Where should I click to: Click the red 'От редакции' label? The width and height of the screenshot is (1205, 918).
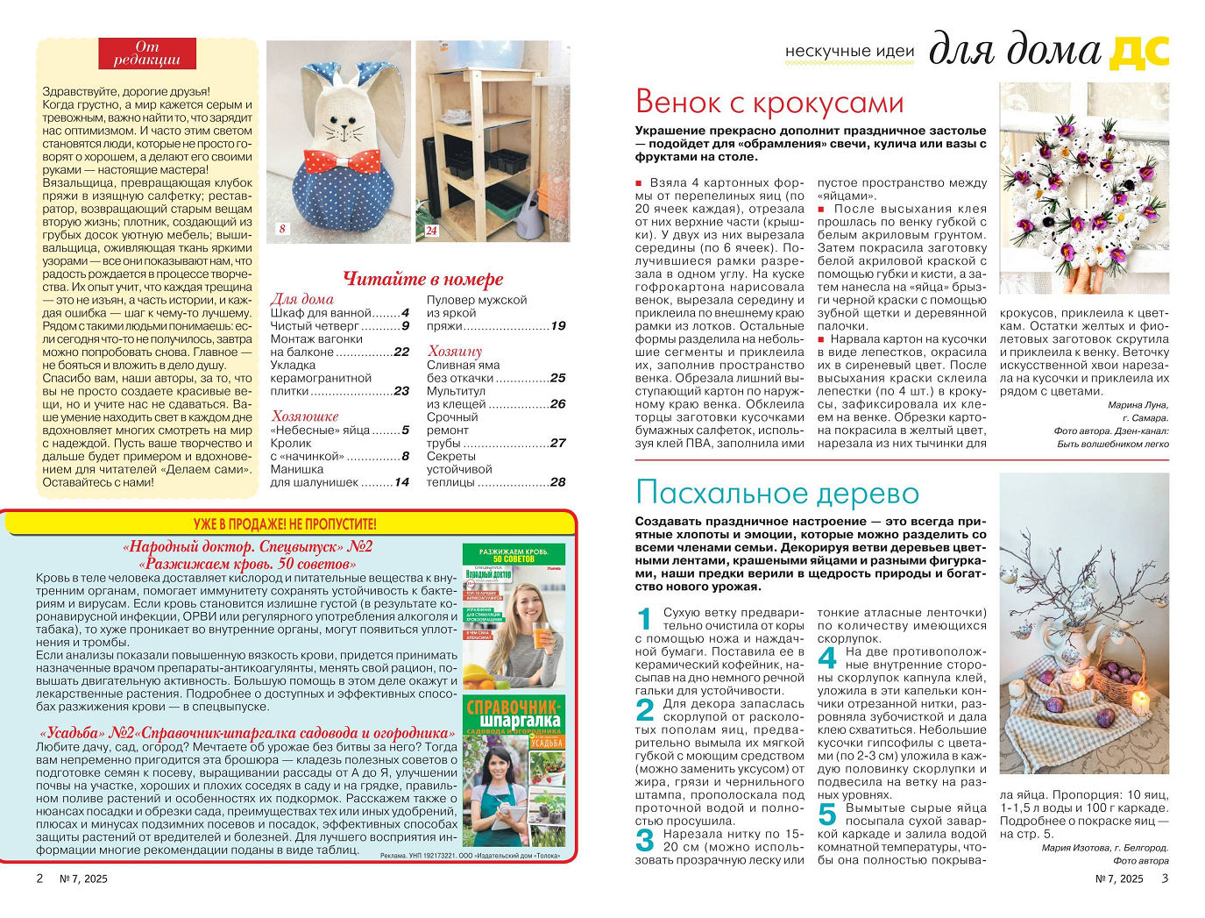(x=146, y=53)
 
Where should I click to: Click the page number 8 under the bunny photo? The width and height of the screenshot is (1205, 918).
(x=282, y=230)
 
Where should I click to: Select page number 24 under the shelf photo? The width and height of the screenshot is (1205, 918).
(x=431, y=231)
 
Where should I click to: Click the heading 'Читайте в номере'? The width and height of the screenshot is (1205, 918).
(x=422, y=279)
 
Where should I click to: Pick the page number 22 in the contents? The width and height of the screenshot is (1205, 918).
(x=401, y=352)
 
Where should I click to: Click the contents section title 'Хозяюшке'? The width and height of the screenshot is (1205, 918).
(x=304, y=416)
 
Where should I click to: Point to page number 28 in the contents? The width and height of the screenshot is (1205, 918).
(x=557, y=482)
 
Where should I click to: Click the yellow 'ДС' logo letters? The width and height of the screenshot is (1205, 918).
(x=1138, y=52)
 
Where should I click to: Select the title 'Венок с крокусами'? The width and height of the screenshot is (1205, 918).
(x=769, y=103)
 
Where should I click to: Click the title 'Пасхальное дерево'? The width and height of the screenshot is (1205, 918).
(x=776, y=493)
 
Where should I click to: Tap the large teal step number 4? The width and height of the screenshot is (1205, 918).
(x=827, y=657)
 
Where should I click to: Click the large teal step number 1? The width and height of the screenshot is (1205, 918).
(x=645, y=618)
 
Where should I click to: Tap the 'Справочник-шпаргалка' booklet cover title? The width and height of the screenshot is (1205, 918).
(x=514, y=715)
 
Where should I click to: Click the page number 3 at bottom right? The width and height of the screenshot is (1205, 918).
(x=1165, y=879)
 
